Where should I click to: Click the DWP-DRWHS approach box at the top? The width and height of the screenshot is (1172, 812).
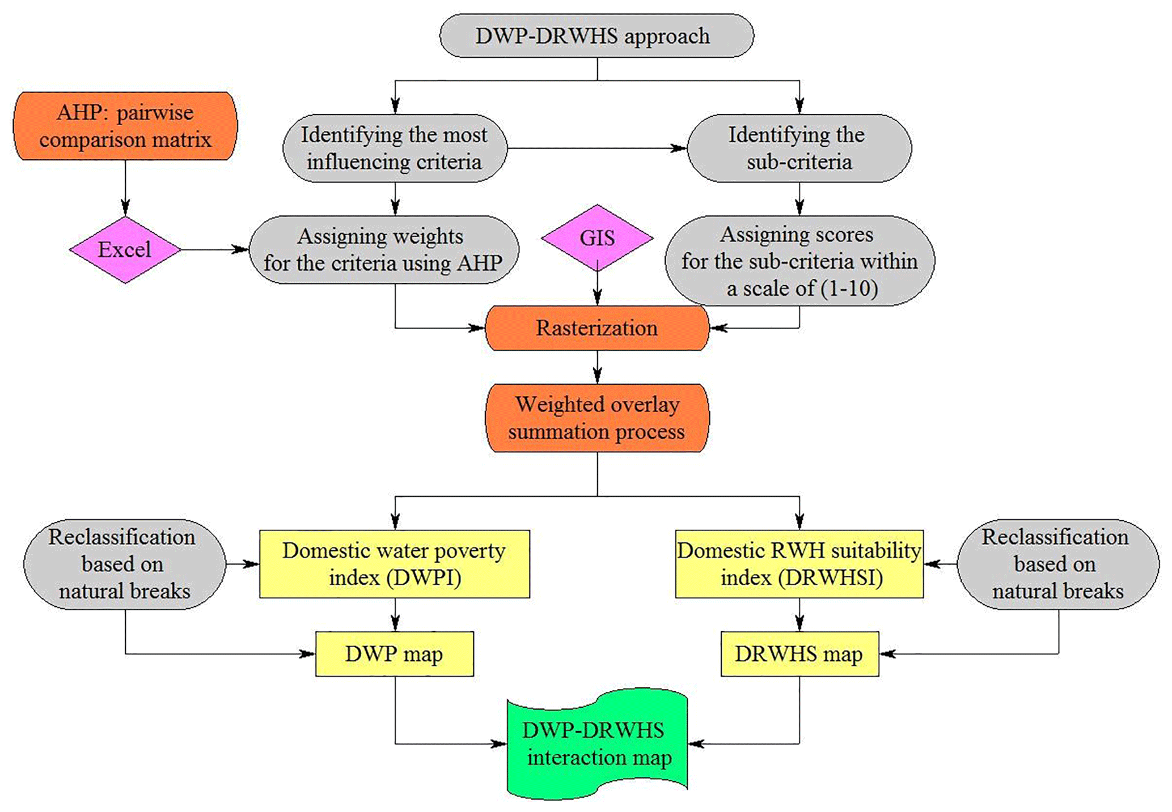(596, 36)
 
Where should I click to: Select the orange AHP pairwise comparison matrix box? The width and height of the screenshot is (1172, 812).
(125, 126)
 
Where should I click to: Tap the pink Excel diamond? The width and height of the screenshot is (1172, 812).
(125, 249)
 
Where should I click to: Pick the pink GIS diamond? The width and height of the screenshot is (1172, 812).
(597, 238)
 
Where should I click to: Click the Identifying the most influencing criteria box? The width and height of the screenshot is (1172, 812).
(395, 148)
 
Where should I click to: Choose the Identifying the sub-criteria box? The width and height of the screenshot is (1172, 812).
(799, 148)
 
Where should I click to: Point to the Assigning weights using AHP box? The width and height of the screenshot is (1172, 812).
(383, 249)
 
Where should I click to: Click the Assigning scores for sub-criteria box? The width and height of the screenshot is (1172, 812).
(799, 261)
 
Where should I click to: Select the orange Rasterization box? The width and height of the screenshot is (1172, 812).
(597, 328)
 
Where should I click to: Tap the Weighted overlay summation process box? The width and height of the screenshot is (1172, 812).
(597, 418)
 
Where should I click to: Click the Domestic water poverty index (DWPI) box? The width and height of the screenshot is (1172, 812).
(395, 564)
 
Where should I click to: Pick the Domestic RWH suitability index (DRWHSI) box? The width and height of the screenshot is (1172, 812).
(799, 564)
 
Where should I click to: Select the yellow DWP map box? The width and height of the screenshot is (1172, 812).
(395, 654)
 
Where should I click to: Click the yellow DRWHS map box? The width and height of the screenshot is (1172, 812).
(799, 654)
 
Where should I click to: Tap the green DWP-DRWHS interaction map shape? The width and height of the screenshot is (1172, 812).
(597, 743)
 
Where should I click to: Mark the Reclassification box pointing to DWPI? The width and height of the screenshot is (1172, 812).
(125, 564)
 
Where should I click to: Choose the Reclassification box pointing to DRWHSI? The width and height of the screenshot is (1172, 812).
(1057, 564)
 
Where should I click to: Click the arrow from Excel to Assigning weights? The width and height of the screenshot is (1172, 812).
(214, 249)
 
